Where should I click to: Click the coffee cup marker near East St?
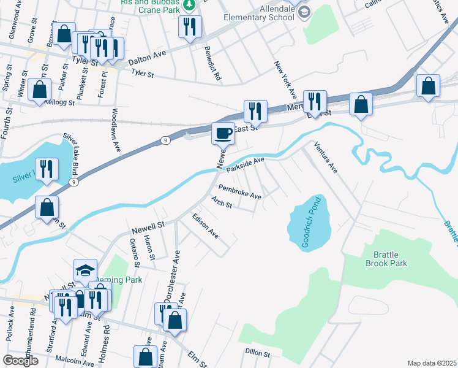pyautogui.click(x=223, y=132)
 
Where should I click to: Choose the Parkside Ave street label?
pyautogui.click(x=245, y=164)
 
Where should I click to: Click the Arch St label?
pyautogui.click(x=221, y=202)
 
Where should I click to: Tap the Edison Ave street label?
pyautogui.click(x=205, y=226)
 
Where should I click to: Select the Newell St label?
pyautogui.click(x=149, y=228)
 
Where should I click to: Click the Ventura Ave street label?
pyautogui.click(x=326, y=157)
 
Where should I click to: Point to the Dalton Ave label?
pyautogui.click(x=147, y=58)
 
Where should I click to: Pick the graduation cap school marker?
pyautogui.click(x=85, y=270)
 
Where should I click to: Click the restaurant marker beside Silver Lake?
pyautogui.click(x=47, y=169)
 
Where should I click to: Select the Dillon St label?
pyautogui.click(x=258, y=353)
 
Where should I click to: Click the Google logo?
pyautogui.click(x=20, y=360)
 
